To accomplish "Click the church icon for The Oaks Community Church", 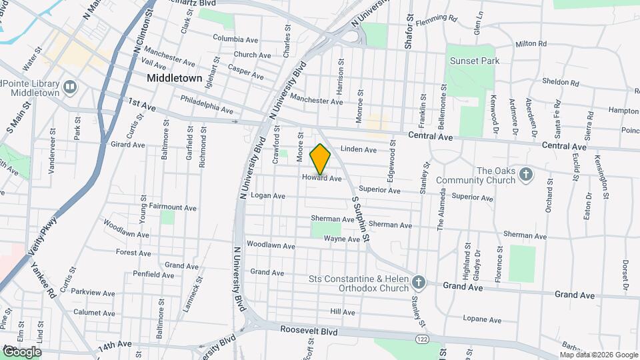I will click(526, 175).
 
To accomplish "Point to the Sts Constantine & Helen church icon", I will click(418, 283).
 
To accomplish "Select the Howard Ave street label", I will click(321, 179).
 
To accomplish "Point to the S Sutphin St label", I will click(360, 216).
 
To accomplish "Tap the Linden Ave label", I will click(359, 150).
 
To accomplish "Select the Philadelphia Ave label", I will click(207, 104).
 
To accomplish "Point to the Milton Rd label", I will click(531, 44).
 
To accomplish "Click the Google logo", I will click(22, 352).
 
